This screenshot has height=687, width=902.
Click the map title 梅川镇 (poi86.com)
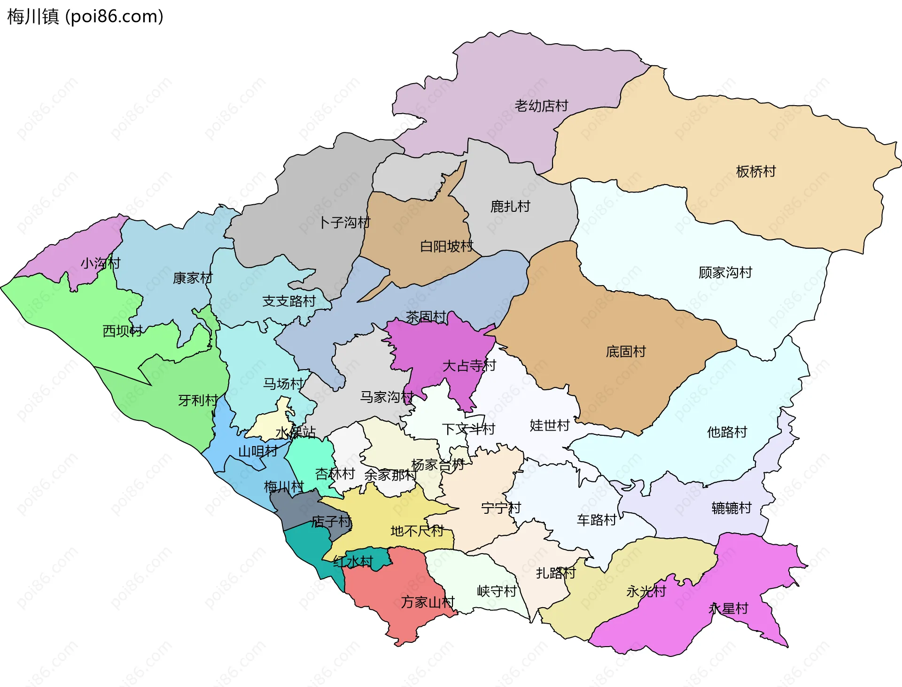[85, 16]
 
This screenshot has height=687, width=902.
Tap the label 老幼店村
[541, 106]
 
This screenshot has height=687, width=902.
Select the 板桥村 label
[755, 171]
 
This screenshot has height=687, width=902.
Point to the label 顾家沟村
[725, 272]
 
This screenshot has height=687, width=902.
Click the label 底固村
[626, 351]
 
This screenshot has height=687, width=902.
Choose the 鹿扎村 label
[510, 206]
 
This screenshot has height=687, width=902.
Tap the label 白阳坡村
[446, 246]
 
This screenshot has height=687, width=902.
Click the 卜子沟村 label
[344, 222]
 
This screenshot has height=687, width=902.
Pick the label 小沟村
[101, 263]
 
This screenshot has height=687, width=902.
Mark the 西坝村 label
[122, 331]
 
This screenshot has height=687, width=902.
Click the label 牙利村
[198, 400]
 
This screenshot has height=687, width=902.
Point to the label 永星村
[728, 609]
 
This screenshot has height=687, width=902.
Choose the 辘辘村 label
[731, 508]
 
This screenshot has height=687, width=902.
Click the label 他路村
[727, 432]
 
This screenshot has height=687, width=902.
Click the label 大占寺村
[469, 365]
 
